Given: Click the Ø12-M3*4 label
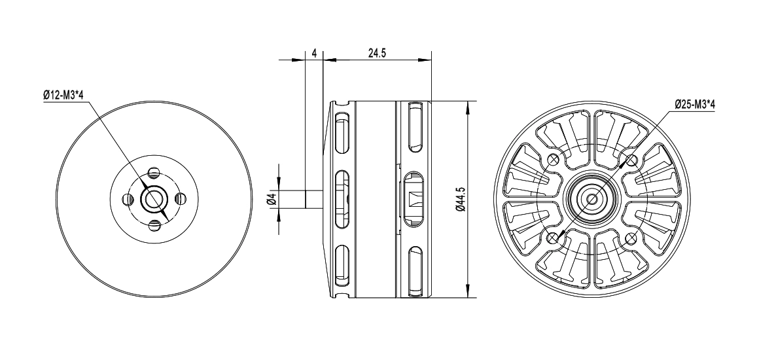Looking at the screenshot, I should coord(65,96).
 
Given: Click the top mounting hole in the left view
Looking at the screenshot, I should coord(154,173).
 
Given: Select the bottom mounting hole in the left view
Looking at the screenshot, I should coord(154,226).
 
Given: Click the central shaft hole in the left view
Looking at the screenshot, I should coord(154,200).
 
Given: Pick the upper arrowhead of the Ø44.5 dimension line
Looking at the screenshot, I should coord(467,106).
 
